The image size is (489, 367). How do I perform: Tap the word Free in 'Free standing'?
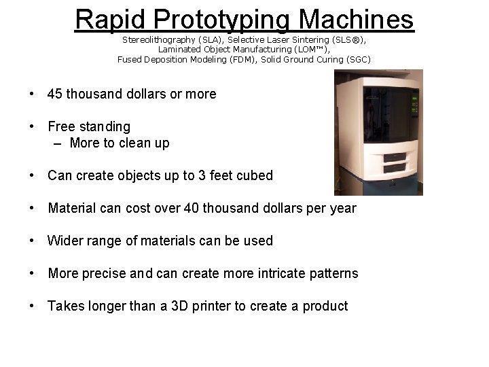click(60, 126)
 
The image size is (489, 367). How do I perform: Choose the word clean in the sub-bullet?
click(133, 143)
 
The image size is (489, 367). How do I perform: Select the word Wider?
click(65, 241)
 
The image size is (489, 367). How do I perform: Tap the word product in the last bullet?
click(325, 306)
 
